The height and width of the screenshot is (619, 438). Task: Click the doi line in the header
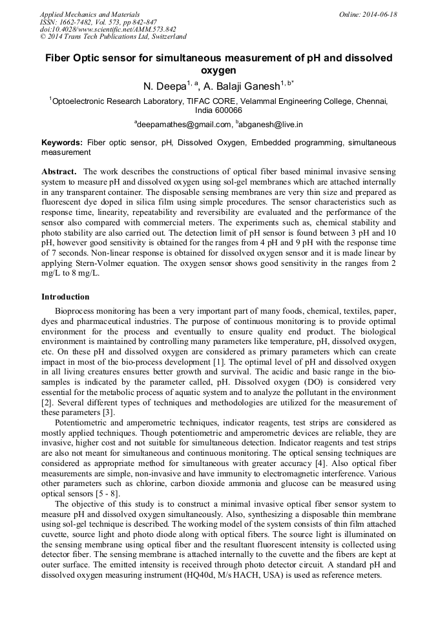coord(108,30)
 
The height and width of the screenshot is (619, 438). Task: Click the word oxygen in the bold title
coord(218,70)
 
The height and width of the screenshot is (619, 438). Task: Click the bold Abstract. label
coord(59,172)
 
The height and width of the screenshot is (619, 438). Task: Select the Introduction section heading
coord(65,297)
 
